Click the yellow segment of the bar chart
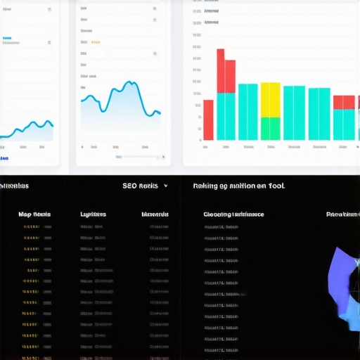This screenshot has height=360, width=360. click(x=271, y=100)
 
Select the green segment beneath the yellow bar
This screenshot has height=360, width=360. click(x=271, y=129)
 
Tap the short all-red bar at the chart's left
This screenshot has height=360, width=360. click(x=208, y=120)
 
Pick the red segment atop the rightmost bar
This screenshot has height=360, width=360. click(x=344, y=102)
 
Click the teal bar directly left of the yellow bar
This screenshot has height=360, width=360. click(x=248, y=112)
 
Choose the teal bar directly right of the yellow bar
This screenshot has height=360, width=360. click(x=294, y=112)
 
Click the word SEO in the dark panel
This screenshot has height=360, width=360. click(x=129, y=186)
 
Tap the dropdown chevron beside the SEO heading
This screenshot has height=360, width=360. click(x=165, y=186)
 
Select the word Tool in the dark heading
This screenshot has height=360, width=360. click(x=276, y=186)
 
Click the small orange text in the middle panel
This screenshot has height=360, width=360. click(x=96, y=42)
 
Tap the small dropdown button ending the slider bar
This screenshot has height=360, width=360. click(x=163, y=157)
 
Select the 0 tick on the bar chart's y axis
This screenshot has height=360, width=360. click(x=198, y=140)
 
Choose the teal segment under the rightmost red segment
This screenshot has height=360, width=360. click(x=344, y=124)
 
